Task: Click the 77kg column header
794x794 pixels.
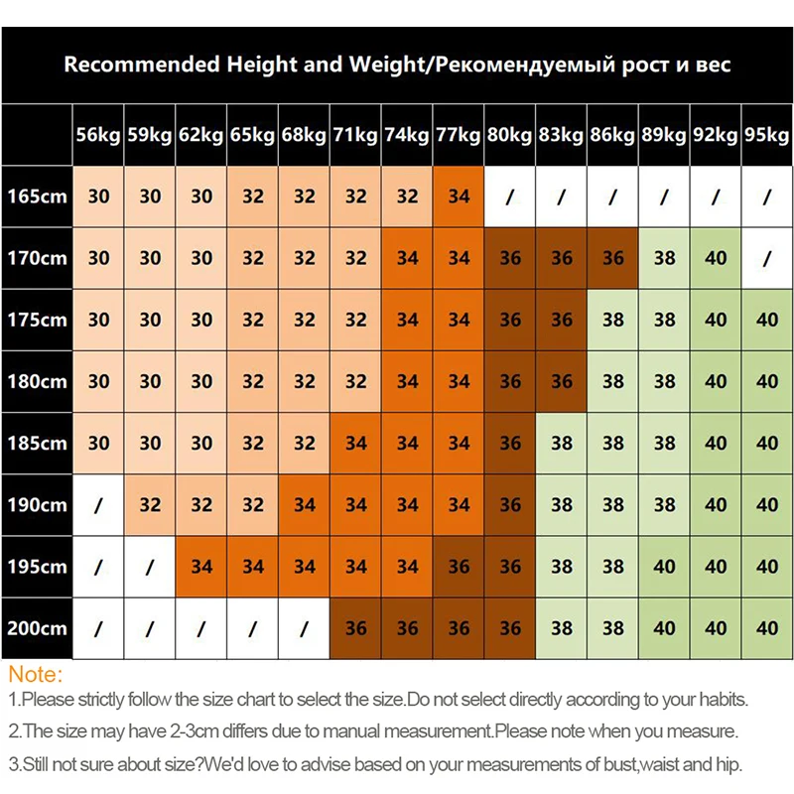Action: click(x=459, y=135)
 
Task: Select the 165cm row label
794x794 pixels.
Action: click(x=36, y=197)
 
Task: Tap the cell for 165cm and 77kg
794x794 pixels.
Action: click(x=459, y=197)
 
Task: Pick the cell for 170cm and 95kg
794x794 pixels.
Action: click(x=767, y=258)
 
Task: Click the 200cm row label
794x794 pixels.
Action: click(x=36, y=628)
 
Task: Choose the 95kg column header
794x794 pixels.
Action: click(x=767, y=135)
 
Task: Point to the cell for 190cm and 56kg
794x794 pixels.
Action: click(x=98, y=505)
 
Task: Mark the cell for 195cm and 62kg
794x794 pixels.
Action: click(x=201, y=567)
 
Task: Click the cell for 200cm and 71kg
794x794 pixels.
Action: click(x=355, y=628)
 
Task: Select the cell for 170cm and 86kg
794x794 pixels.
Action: click(x=613, y=258)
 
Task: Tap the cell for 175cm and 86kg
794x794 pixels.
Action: click(x=613, y=320)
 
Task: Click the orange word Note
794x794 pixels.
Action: click(x=34, y=675)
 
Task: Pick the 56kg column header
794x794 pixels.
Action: click(x=98, y=135)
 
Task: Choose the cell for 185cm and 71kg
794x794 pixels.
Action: click(x=355, y=444)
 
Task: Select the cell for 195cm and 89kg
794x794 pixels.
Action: click(x=664, y=567)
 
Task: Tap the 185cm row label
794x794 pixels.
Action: click(x=36, y=444)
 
